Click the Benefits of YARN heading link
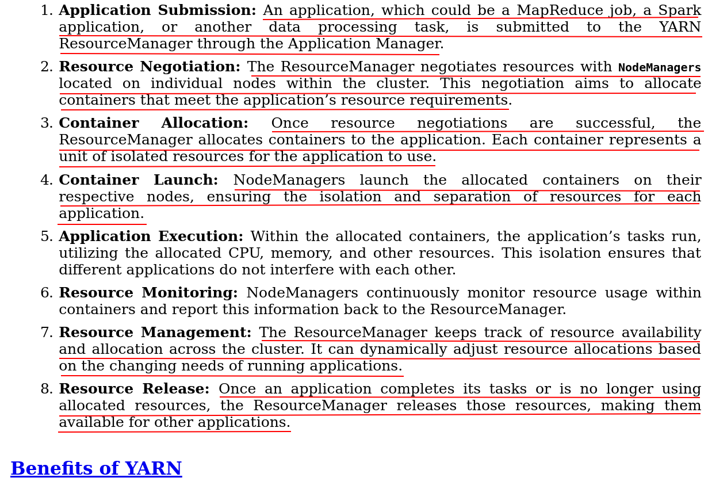(96, 469)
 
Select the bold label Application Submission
(157, 11)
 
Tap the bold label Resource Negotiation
(150, 67)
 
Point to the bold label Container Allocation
(154, 124)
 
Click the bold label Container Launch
(138, 181)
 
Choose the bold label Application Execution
(151, 237)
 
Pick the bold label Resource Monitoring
(148, 293)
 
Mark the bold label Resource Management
(155, 333)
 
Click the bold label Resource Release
(134, 389)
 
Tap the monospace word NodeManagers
(659, 68)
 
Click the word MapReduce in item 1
(559, 11)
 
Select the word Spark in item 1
(679, 11)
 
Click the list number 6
(46, 293)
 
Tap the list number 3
(46, 124)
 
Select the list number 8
(46, 389)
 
